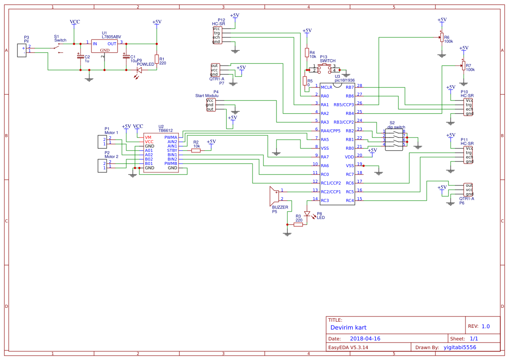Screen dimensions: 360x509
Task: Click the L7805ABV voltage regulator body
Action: (x=104, y=46)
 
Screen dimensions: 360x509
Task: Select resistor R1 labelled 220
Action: (x=157, y=59)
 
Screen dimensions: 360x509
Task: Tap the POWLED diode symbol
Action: (x=139, y=70)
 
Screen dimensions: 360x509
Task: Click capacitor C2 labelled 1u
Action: (x=80, y=57)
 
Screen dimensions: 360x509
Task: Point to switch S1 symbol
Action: (x=59, y=48)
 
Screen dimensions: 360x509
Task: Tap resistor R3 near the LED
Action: (x=298, y=225)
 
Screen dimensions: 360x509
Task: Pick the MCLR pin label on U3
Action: (x=327, y=87)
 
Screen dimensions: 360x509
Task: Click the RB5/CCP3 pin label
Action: (x=344, y=104)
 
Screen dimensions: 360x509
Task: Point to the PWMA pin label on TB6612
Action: (x=171, y=137)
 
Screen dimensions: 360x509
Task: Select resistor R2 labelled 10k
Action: (x=196, y=150)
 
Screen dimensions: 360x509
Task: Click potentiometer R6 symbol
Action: (x=442, y=38)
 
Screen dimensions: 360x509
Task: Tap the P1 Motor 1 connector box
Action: (x=101, y=141)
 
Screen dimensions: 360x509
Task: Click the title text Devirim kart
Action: (x=348, y=327)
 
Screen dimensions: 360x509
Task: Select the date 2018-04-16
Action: (x=365, y=339)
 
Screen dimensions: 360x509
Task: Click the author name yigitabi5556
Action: (x=460, y=347)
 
